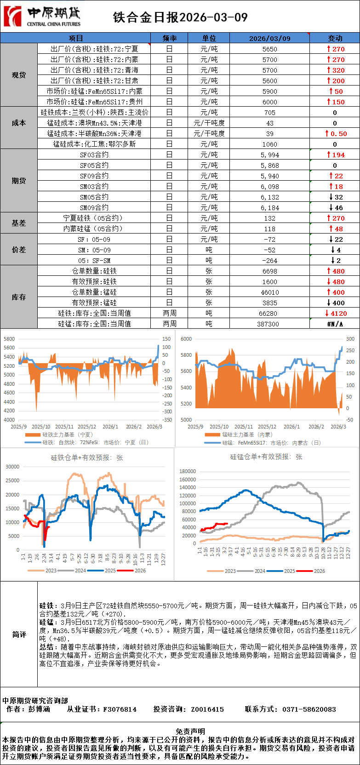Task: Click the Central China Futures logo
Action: pos(42,17)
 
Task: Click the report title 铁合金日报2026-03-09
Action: pos(180,17)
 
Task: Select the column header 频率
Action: pos(169,38)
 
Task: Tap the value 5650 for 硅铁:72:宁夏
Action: pos(269,49)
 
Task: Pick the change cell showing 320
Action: pos(335,70)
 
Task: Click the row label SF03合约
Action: pos(94,155)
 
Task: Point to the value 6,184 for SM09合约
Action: pos(269,208)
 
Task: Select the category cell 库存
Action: pos(19,297)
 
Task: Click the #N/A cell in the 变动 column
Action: pos(335,324)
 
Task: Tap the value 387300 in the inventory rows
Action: pos(269,324)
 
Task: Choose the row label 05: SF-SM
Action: pos(94,261)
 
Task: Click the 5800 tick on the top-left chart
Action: pos(9,339)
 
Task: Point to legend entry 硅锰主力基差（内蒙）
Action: pos(247,434)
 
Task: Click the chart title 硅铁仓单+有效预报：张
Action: pos(87,458)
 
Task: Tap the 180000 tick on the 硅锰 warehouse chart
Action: pos(188,471)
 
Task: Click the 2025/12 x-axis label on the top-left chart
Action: pos(87,427)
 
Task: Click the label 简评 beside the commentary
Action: pos(19,634)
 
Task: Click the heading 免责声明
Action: pos(190,731)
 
